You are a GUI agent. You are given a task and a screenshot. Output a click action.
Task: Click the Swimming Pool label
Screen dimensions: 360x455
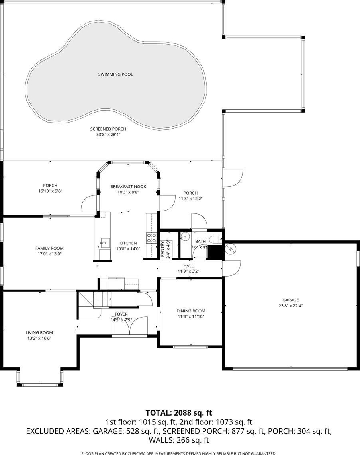coord(115,74)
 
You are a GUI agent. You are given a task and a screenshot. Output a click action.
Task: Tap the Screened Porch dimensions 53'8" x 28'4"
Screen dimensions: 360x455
coord(108,135)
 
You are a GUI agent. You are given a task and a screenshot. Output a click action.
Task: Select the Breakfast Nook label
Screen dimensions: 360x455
coord(128,187)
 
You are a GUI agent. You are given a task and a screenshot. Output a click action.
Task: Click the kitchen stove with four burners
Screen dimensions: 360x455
coord(151,238)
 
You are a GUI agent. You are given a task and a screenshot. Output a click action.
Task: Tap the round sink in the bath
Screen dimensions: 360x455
coord(184,237)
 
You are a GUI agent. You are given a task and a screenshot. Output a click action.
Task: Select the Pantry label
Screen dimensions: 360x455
coord(162,249)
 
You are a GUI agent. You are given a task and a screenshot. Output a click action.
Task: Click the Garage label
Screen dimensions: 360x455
coord(291,300)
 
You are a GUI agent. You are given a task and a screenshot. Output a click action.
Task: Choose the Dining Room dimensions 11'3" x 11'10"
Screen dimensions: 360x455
coord(191,316)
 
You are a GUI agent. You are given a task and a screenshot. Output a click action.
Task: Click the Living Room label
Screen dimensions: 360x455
coord(39,332)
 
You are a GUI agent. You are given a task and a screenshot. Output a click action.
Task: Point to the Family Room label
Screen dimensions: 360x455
coord(49,248)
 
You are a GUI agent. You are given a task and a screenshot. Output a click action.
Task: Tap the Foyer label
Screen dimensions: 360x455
coord(121,314)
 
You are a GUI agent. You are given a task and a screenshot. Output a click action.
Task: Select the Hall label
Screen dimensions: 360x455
coord(188,266)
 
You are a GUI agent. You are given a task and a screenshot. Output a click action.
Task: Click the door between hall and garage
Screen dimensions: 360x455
coord(231,268)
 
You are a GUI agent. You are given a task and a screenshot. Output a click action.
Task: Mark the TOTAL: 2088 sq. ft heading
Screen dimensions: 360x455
coord(179,413)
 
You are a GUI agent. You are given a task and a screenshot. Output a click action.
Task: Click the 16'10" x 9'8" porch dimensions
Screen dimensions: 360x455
coord(50,191)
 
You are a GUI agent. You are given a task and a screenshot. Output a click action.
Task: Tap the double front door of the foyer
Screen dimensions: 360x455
coord(129,326)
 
